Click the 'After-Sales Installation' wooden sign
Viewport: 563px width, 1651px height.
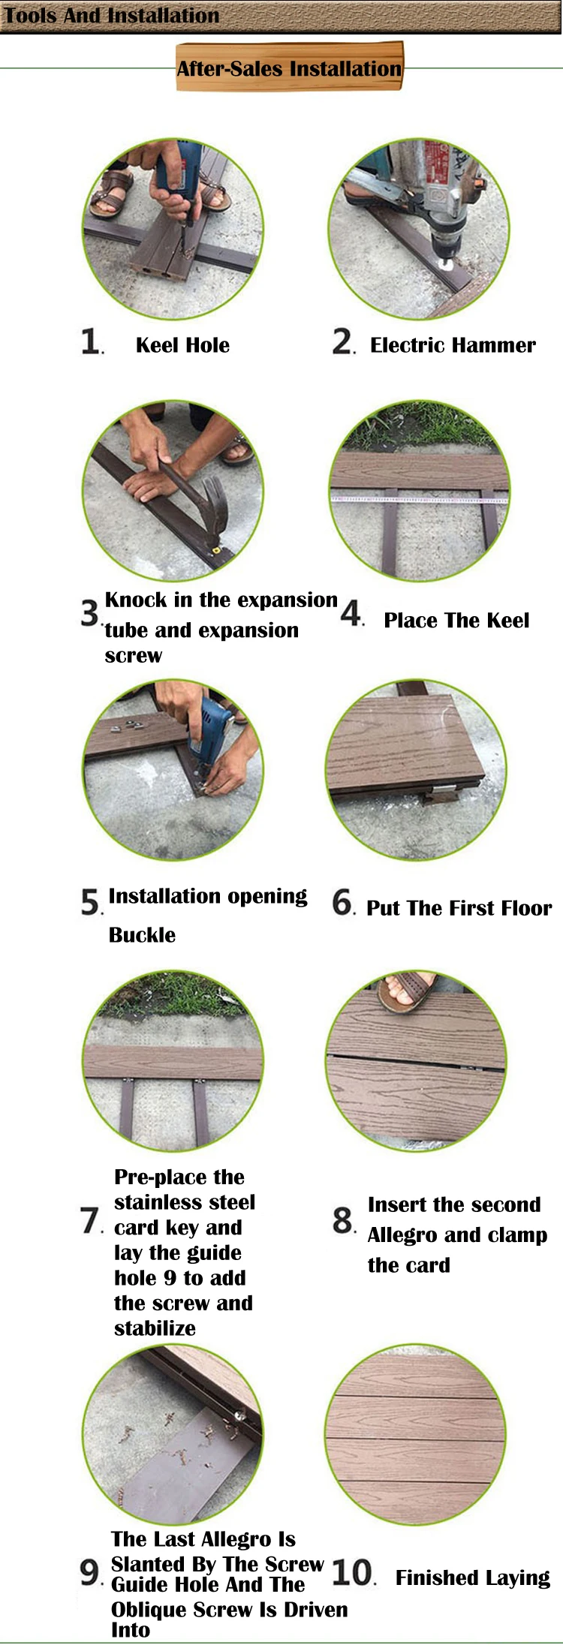coord(290,68)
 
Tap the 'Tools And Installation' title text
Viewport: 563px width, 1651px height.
coord(112,16)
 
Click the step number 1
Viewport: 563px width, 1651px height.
coord(91,341)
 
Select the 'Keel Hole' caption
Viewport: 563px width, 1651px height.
coord(182,345)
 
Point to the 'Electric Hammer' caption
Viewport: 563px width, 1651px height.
coord(453,345)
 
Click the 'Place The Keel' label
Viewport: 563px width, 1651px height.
coord(456,621)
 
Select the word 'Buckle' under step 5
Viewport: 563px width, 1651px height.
coord(142,935)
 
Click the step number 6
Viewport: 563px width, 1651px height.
coord(342,903)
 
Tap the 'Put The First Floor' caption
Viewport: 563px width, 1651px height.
coord(459,908)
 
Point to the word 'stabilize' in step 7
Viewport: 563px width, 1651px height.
coord(155,1328)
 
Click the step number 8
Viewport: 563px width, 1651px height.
coord(342,1221)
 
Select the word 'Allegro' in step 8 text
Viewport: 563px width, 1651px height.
coord(402,1235)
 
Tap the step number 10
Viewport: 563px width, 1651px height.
coord(351,1572)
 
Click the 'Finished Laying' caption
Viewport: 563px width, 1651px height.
coord(473,1578)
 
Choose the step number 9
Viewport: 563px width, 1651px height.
coord(89,1572)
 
